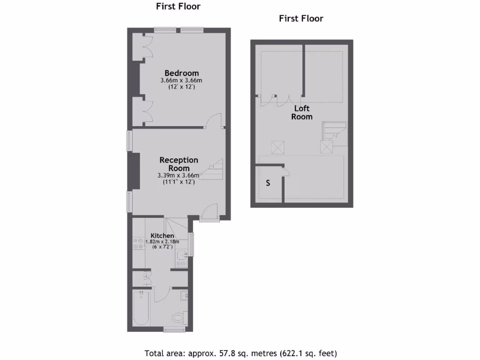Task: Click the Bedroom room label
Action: pos(181,73)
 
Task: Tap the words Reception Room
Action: pos(179,164)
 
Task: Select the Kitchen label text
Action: pos(162,235)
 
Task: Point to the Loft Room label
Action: pos(302,112)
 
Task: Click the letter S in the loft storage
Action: pos(268,183)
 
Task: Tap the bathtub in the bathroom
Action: pos(141,308)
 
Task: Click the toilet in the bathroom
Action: pos(178,318)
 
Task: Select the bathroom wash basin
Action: pos(185,296)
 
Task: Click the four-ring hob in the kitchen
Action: pos(138,243)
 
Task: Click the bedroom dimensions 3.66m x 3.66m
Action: pos(181,81)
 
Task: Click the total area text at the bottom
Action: pos(240,353)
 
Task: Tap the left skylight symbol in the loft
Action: pos(278,147)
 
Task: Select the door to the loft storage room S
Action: pos(285,172)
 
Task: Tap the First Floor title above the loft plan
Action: pos(301,19)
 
